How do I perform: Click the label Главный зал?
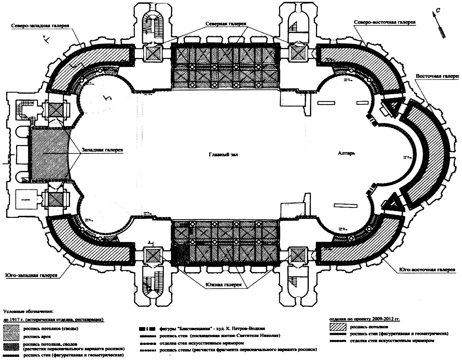[x=223, y=154]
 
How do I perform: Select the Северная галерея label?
[x=227, y=24]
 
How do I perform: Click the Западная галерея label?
[x=102, y=150]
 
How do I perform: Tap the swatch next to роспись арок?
[x=12, y=336]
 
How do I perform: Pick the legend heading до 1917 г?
[x=53, y=320]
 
